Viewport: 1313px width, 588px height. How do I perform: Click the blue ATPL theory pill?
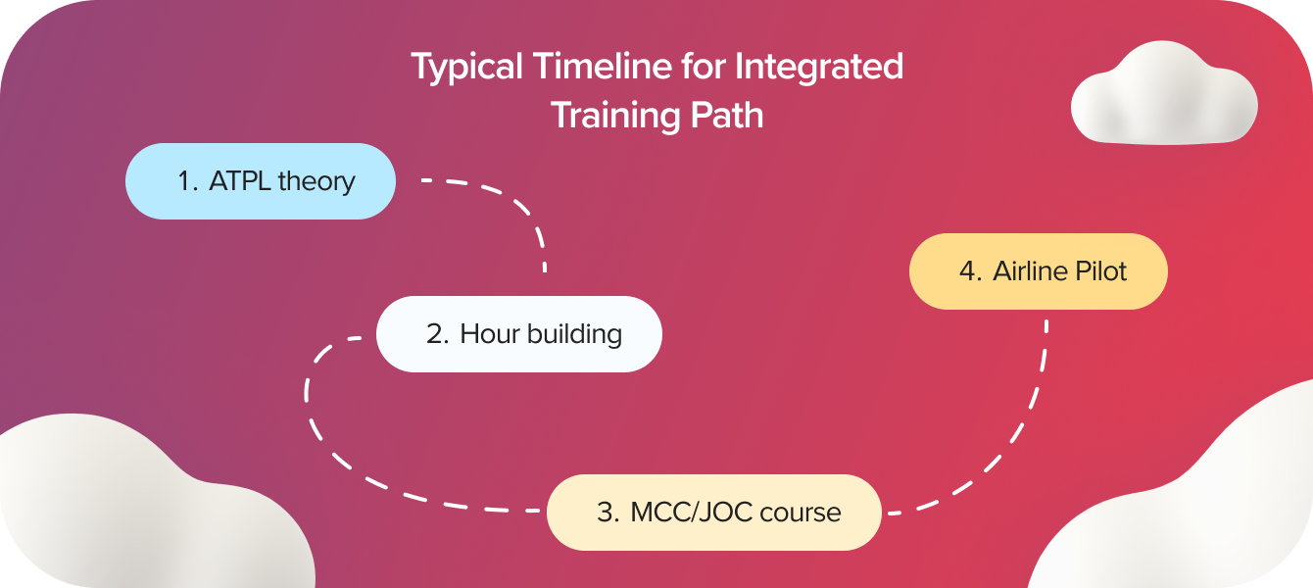click(x=260, y=181)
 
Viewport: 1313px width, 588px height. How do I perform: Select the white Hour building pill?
click(x=519, y=334)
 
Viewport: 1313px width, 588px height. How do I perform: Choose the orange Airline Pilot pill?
click(x=1039, y=271)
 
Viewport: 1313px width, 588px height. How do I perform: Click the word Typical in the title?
click(x=466, y=68)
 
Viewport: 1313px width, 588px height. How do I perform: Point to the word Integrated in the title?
click(x=818, y=68)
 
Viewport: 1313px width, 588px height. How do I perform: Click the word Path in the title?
click(x=726, y=116)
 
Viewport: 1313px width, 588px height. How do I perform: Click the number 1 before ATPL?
click(x=185, y=181)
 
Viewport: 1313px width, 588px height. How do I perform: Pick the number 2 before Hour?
click(x=436, y=334)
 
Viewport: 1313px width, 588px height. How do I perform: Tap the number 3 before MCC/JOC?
click(x=607, y=513)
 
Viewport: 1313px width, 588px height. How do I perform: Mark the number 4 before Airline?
click(x=969, y=271)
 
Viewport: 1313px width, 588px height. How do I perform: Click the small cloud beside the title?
click(x=1163, y=95)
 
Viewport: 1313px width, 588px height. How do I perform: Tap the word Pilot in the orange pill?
click(x=1101, y=271)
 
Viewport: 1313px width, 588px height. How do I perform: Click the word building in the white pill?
click(x=574, y=334)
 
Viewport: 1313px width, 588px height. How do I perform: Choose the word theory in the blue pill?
click(x=316, y=181)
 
